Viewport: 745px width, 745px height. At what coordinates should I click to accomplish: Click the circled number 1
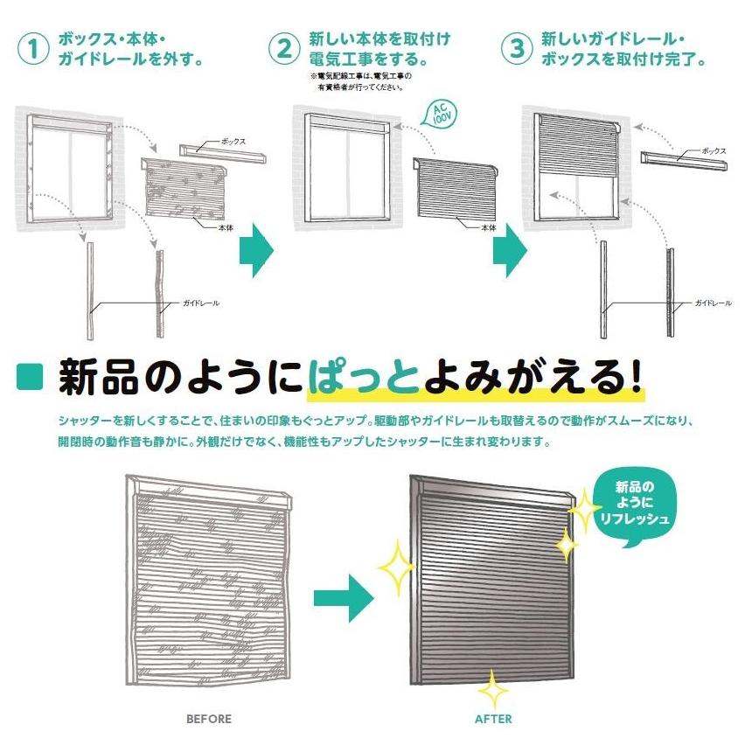[x=33, y=48]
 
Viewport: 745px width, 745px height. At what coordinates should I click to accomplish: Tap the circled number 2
[x=284, y=48]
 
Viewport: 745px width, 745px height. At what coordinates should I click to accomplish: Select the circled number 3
[x=518, y=48]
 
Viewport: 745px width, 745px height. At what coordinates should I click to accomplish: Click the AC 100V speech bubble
[x=442, y=114]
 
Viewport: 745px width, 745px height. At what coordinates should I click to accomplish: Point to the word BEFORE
[x=209, y=719]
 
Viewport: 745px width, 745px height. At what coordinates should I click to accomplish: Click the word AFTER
[x=494, y=719]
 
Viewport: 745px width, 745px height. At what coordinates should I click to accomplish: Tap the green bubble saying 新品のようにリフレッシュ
[x=634, y=506]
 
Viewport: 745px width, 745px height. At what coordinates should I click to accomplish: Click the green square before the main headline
[x=30, y=376]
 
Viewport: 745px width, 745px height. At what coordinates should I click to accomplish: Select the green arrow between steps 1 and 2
[x=256, y=250]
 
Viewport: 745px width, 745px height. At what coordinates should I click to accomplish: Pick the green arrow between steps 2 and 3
[x=510, y=250]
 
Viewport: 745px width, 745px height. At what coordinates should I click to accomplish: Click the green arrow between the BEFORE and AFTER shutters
[x=344, y=598]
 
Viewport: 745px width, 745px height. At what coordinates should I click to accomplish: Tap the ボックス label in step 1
[x=233, y=142]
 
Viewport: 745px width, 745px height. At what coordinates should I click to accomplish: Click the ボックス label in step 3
[x=714, y=151]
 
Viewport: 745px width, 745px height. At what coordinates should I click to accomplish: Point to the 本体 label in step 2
[x=489, y=228]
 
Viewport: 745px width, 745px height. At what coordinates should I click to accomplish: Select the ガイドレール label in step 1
[x=201, y=303]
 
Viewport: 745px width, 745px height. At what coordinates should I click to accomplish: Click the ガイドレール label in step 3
[x=714, y=303]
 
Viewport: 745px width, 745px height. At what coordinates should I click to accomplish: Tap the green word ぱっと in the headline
[x=364, y=378]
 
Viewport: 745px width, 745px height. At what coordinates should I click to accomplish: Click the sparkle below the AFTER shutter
[x=493, y=689]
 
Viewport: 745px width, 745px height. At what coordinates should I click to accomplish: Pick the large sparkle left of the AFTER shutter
[x=397, y=567]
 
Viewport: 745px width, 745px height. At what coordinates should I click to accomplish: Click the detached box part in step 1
[x=223, y=154]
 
